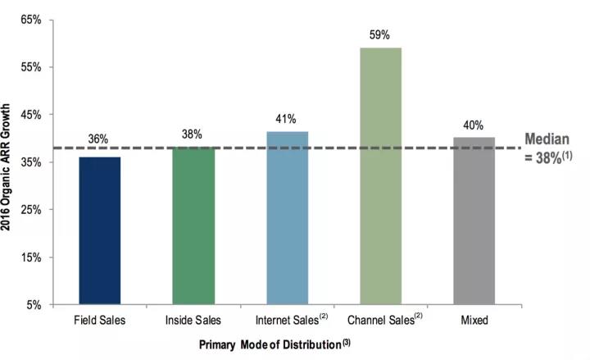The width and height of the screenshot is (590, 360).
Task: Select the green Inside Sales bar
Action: pyautogui.click(x=193, y=226)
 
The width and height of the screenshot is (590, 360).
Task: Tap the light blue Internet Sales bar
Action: pyautogui.click(x=287, y=218)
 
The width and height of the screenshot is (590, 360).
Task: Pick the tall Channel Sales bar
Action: pyautogui.click(x=380, y=175)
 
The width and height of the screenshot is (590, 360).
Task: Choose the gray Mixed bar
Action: pyautogui.click(x=474, y=221)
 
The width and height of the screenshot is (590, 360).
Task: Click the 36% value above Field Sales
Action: pyautogui.click(x=99, y=140)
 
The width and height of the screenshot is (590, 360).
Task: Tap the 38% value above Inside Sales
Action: pyautogui.click(x=193, y=134)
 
